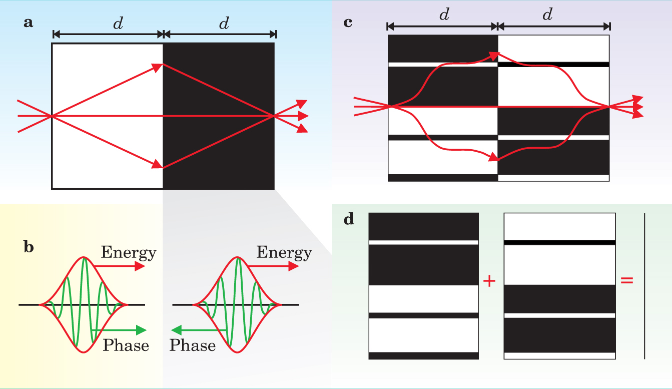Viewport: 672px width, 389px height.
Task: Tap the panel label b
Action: [29, 247]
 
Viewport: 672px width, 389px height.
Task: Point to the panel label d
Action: [349, 219]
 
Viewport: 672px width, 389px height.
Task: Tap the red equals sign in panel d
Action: [626, 281]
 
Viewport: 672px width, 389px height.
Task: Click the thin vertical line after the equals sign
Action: [644, 286]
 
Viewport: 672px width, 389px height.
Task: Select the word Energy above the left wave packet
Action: [129, 252]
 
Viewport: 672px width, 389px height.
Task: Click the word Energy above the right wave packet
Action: [284, 252]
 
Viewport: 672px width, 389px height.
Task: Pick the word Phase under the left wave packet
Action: [126, 345]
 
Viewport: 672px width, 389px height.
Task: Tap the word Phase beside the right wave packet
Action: [193, 345]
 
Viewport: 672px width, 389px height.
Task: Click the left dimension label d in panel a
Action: [118, 23]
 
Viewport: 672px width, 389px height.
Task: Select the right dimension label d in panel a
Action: [224, 23]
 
